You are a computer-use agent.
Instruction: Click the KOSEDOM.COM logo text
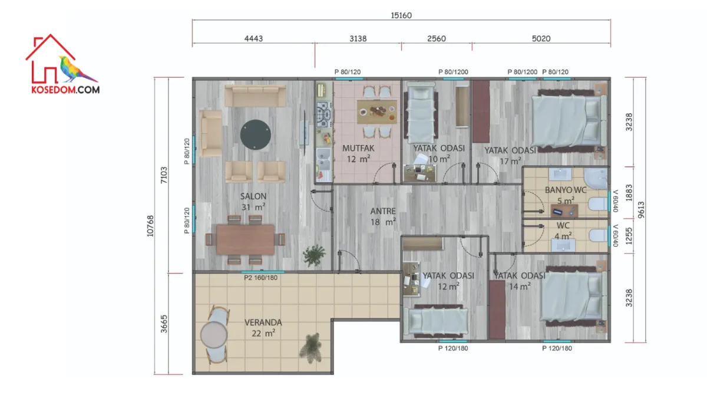[x=65, y=90]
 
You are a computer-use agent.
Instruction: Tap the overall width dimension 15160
[x=401, y=15]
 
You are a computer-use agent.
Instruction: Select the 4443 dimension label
[x=253, y=38]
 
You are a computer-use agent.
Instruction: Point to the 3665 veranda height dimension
[x=164, y=324]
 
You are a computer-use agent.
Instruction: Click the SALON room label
[x=253, y=196]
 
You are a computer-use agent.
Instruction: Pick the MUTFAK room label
[x=358, y=148]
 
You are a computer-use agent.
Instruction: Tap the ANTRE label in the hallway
[x=383, y=211]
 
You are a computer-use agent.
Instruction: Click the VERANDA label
[x=263, y=323]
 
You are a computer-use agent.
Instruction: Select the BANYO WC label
[x=566, y=190]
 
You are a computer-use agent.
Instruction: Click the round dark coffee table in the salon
[x=255, y=134]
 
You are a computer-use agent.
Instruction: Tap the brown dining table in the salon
[x=245, y=239]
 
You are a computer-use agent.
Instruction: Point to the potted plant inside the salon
[x=313, y=255]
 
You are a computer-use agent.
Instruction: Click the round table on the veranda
[x=214, y=335]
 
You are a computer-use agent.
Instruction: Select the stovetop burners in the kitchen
[x=324, y=114]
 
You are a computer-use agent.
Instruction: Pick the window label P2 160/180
[x=260, y=278]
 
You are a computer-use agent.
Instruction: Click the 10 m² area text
[x=439, y=159]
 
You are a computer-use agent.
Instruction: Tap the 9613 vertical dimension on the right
[x=641, y=210]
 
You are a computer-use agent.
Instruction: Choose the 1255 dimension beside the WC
[x=629, y=236]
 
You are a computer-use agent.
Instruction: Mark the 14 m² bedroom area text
[x=520, y=287]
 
